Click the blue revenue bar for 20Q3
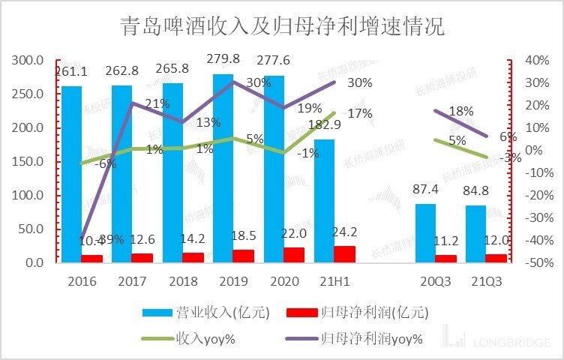click(x=425, y=232)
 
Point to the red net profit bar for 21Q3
click(x=496, y=258)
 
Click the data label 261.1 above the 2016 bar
click(x=71, y=71)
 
